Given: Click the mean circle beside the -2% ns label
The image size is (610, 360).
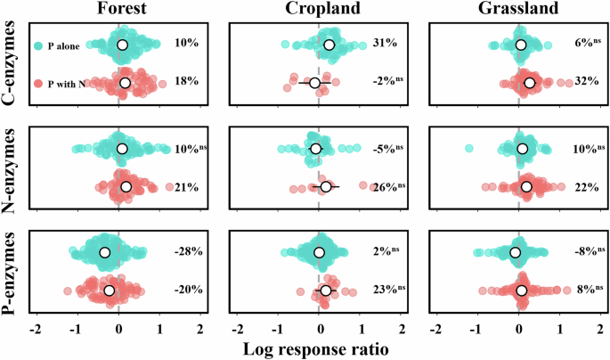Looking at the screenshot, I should coord(314,83).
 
